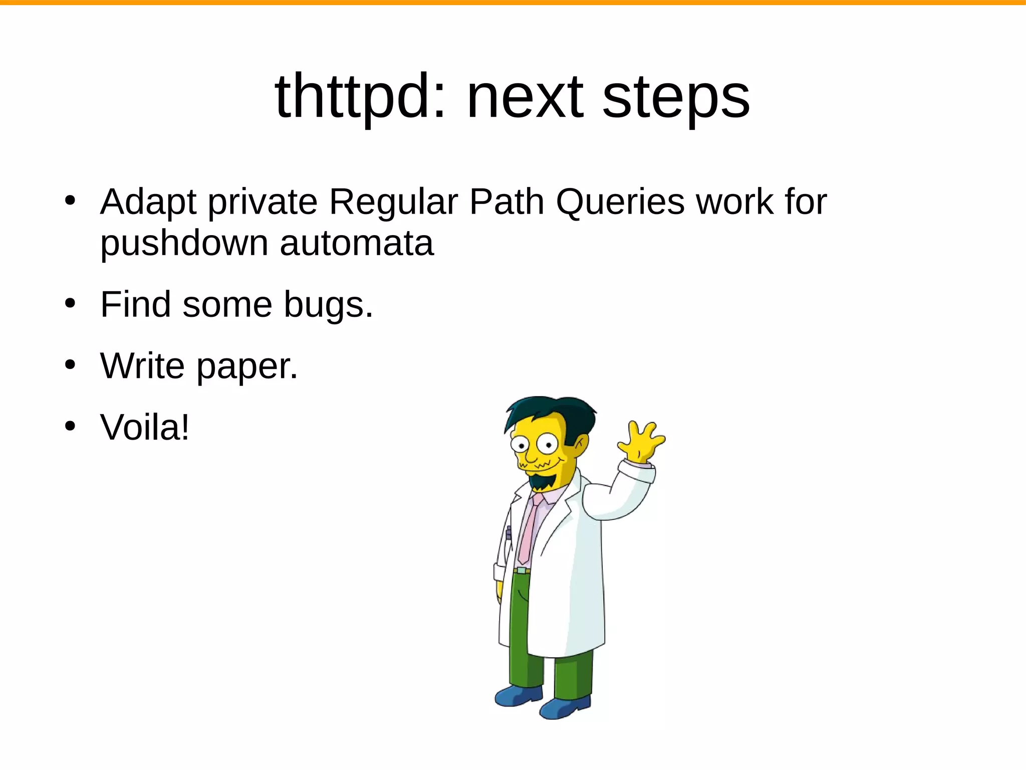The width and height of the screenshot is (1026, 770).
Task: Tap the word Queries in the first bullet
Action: point(620,202)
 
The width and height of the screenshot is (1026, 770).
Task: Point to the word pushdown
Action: point(184,243)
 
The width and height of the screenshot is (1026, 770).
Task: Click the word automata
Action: point(356,243)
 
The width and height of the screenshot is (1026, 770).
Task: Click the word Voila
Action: point(144,428)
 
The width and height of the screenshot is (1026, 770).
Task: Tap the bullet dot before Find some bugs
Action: point(70,303)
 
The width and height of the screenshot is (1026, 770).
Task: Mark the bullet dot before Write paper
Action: point(70,365)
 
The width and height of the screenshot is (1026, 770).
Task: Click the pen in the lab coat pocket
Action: point(508,534)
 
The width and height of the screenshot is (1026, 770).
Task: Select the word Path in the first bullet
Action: point(506,202)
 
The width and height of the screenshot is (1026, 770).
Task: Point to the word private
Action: point(263,202)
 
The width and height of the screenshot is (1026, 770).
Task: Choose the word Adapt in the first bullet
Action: point(148,202)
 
